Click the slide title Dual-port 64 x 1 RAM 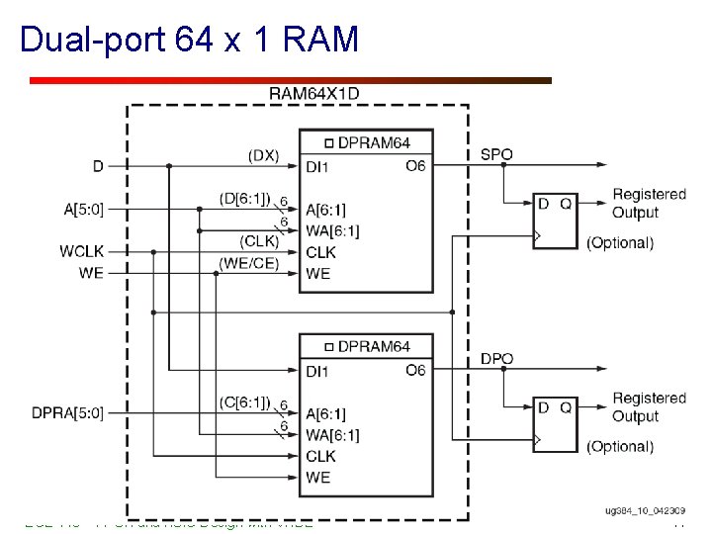click(x=189, y=40)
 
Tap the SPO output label click(x=497, y=154)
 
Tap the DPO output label click(x=497, y=357)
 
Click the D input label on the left click(x=98, y=165)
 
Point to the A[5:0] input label click(x=83, y=209)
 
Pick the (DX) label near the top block click(x=263, y=155)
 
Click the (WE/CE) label click(x=248, y=262)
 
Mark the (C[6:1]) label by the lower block click(x=244, y=401)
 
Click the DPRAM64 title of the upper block click(x=374, y=143)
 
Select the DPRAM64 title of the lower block click(x=374, y=346)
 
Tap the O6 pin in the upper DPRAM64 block click(x=415, y=166)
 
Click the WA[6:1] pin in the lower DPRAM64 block click(x=331, y=435)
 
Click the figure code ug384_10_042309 click(x=645, y=510)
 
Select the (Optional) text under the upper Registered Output click(x=620, y=242)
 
